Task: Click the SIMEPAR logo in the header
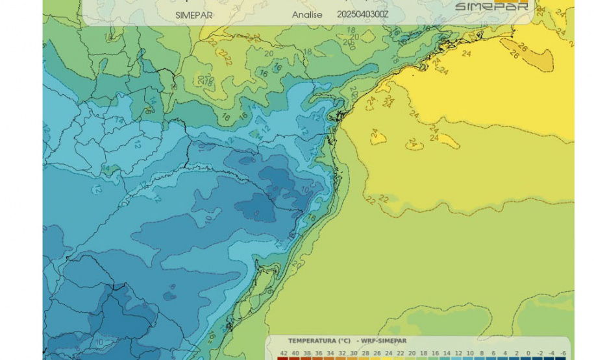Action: pos(491,6)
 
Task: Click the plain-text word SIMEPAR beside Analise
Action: pos(193,15)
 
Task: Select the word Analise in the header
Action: pos(308,14)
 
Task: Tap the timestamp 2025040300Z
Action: pos(363,14)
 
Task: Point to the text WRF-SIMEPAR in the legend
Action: pos(385,341)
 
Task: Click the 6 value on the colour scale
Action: pos(493,352)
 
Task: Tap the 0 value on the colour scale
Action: pos(528,352)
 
